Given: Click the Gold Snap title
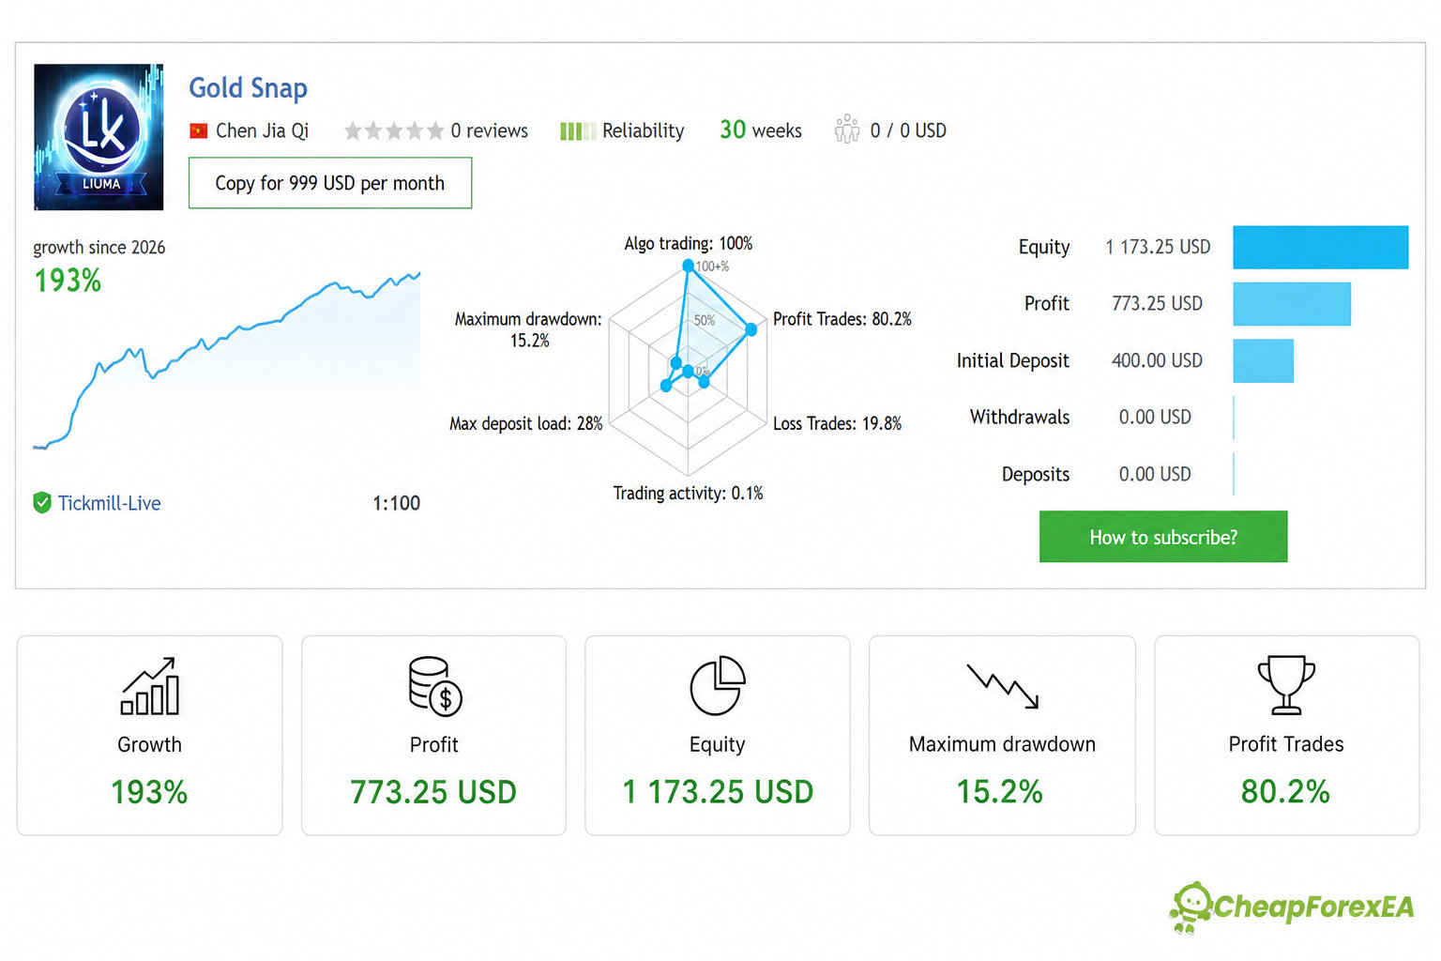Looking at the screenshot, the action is click(x=248, y=88).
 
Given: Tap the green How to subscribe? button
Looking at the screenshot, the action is click(x=1163, y=536).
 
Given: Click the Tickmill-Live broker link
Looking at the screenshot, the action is click(x=110, y=503).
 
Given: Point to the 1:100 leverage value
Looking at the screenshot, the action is click(x=396, y=503).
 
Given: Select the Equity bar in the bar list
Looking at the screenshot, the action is click(x=1321, y=247).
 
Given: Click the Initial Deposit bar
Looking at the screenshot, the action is click(x=1263, y=360).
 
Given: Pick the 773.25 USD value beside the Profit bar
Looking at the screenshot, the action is click(x=1158, y=303).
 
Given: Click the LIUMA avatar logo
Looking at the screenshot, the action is click(x=99, y=137).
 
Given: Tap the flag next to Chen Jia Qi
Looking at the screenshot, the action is click(x=198, y=131).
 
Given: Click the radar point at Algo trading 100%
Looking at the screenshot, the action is click(x=688, y=266).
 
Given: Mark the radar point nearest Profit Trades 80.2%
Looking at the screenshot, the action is click(x=751, y=329).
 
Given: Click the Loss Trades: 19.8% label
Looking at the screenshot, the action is click(x=837, y=423).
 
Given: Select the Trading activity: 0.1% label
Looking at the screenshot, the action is click(x=688, y=493).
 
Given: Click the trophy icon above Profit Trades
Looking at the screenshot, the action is click(x=1286, y=685).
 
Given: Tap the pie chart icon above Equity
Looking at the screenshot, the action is click(x=718, y=685).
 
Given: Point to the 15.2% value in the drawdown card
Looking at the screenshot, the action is click(x=1000, y=791).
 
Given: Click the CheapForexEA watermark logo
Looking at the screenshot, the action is click(x=1291, y=907).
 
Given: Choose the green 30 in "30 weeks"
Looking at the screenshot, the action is click(x=733, y=130).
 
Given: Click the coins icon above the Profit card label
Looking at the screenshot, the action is click(x=435, y=685).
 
